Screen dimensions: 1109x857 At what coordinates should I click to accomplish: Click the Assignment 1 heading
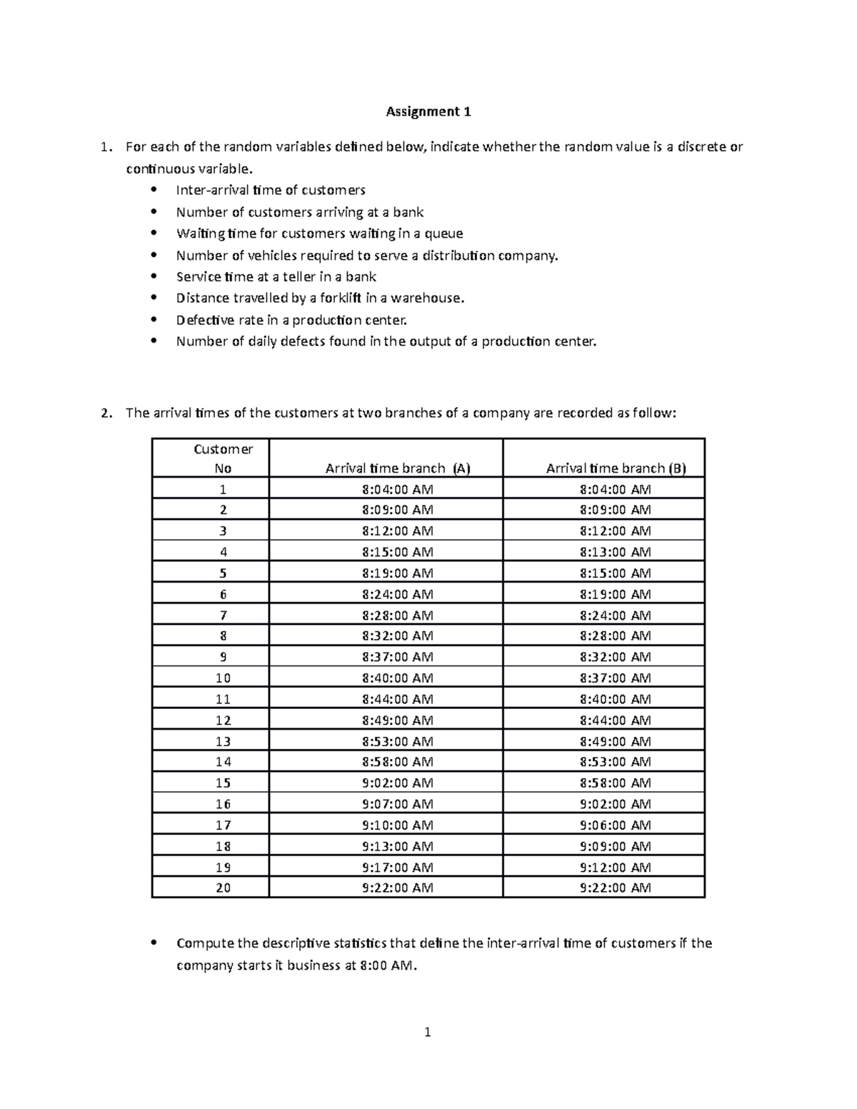428,111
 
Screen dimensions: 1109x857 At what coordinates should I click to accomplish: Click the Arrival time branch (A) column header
398,468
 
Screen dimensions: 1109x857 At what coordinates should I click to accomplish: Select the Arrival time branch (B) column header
616,468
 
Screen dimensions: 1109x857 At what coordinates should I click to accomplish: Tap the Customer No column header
223,458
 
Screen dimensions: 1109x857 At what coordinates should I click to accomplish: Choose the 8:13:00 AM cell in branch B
615,552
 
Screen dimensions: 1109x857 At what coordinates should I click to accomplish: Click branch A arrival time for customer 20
397,888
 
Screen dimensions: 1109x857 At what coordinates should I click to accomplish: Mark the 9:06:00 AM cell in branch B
615,825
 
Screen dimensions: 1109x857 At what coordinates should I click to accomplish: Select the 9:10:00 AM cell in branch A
397,825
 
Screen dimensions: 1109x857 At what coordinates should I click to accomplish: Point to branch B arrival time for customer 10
615,678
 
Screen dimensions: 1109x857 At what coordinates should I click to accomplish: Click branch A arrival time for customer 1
397,489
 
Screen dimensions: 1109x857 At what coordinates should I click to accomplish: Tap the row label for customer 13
223,741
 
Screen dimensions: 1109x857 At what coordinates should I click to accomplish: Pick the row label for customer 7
223,615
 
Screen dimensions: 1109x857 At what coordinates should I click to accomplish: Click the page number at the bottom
428,1032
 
